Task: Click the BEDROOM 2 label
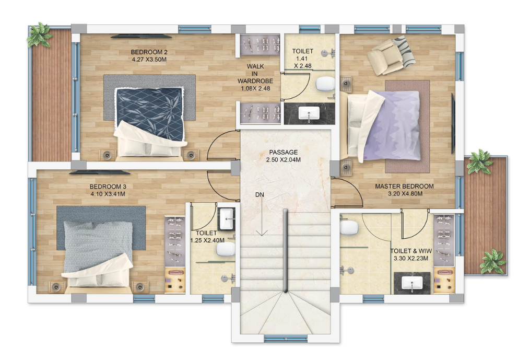pyautogui.click(x=149, y=52)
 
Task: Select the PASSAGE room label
pyautogui.click(x=283, y=152)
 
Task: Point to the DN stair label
pyautogui.click(x=260, y=194)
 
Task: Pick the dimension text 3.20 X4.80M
pyautogui.click(x=404, y=194)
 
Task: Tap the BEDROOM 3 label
pyautogui.click(x=108, y=187)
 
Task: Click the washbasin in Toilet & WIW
pyautogui.click(x=412, y=283)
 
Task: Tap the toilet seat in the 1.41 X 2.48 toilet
pyautogui.click(x=325, y=84)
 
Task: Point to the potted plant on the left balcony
pyautogui.click(x=40, y=34)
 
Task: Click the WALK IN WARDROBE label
pyautogui.click(x=255, y=74)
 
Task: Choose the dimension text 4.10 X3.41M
pyautogui.click(x=108, y=194)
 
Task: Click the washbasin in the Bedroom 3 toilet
pyautogui.click(x=227, y=218)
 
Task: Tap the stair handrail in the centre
pyautogui.click(x=286, y=251)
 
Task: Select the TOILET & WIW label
pyautogui.click(x=411, y=251)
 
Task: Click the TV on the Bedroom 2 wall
pyautogui.click(x=142, y=35)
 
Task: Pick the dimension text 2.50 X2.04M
pyautogui.click(x=283, y=160)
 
